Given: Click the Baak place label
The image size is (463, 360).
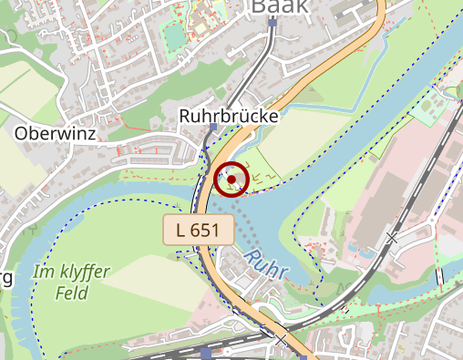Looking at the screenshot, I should tap(279, 7).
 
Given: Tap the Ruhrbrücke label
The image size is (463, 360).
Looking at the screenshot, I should tap(229, 116).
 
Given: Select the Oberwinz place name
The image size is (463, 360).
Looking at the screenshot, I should tap(54, 133).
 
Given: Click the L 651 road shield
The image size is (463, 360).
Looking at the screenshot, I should tap(192, 230).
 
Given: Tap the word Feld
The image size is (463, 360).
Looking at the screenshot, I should tap(71, 293).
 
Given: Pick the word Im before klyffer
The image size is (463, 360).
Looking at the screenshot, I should tap(43, 272).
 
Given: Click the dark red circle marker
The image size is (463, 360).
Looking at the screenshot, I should tap(232, 179).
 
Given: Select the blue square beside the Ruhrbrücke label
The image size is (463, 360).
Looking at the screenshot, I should tap(212, 129).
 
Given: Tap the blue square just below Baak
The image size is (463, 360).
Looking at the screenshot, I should tap(272, 23).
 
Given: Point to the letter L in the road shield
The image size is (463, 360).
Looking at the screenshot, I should tap(179, 230).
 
